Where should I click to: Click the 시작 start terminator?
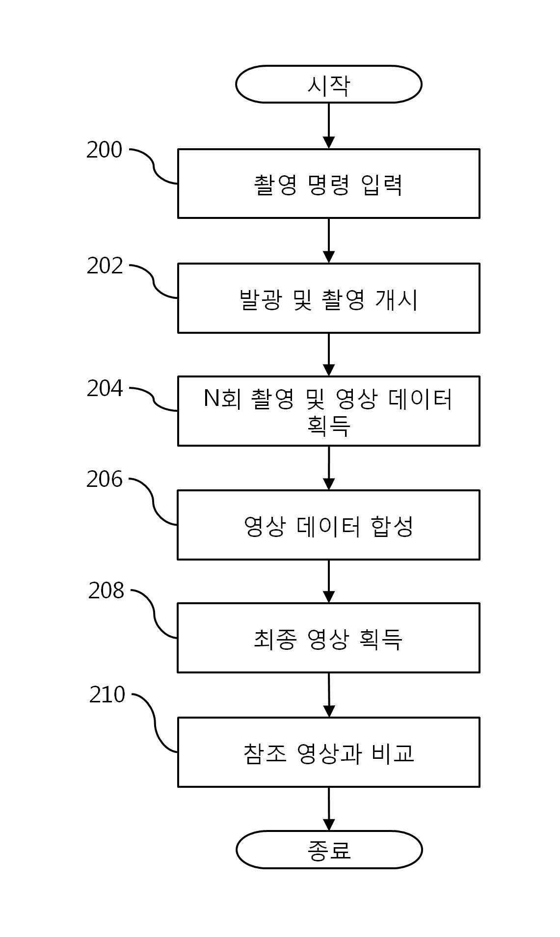328,84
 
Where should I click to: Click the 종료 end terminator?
329,850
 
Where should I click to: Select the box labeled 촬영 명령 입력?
328,184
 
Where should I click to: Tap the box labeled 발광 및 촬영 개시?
328,298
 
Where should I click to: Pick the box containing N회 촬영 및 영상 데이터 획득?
328,411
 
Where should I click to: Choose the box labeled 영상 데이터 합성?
328,525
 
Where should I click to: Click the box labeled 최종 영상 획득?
328,638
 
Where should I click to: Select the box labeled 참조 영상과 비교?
328,752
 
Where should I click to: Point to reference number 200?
104,150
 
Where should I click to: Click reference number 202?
105,266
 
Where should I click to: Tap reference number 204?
105,388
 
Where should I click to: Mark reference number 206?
104,479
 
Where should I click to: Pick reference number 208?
106,591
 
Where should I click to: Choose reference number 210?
107,695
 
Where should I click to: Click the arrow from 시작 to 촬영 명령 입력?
329,126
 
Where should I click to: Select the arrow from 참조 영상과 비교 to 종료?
329,809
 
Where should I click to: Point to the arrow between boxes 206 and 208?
329,581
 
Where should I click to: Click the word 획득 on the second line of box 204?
328,425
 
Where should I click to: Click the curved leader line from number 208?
154,614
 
